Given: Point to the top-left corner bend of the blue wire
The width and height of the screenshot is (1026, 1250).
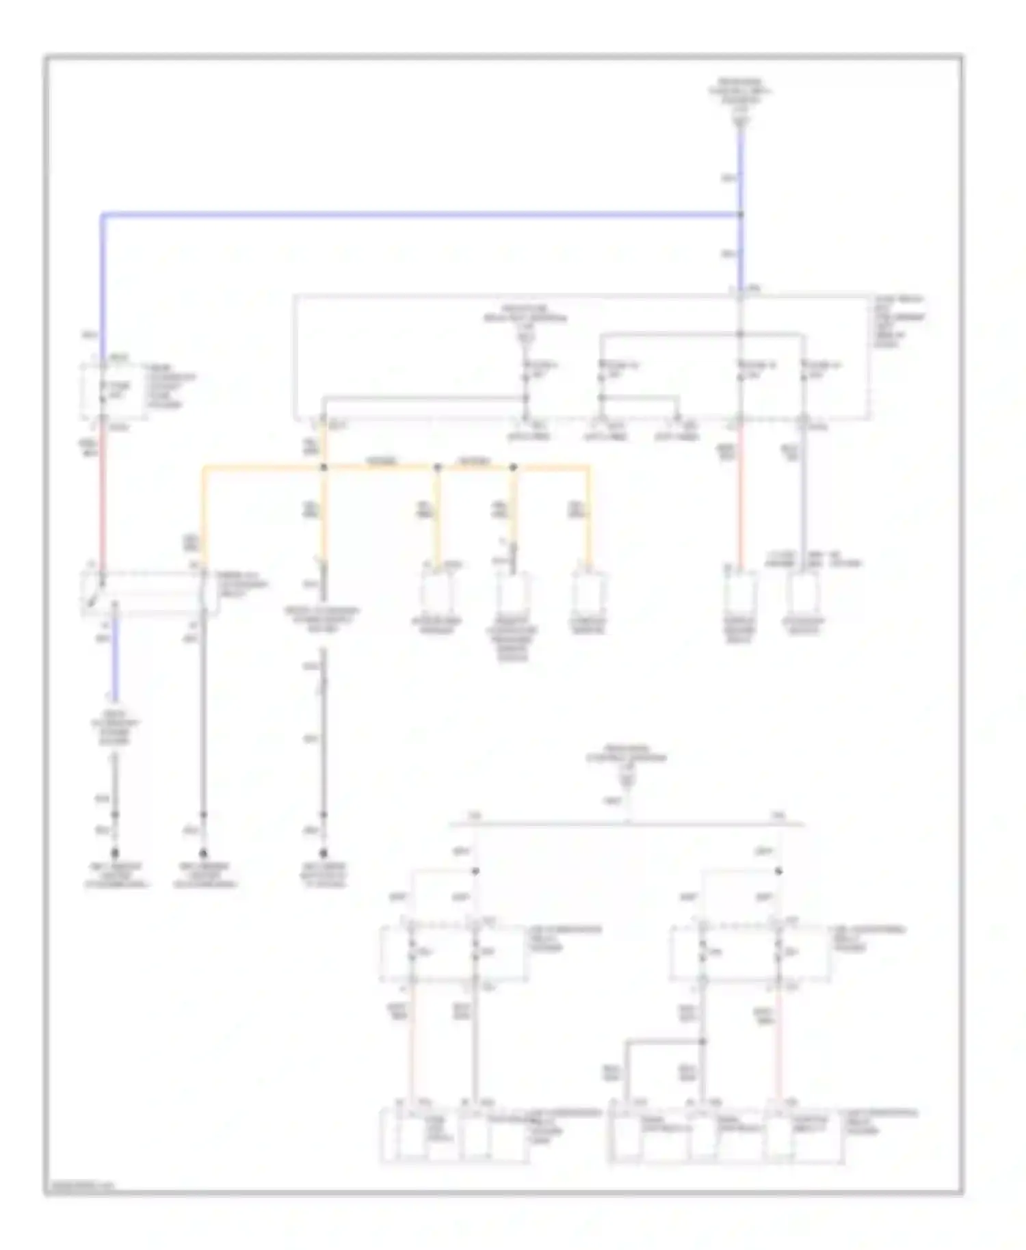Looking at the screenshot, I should (x=103, y=216).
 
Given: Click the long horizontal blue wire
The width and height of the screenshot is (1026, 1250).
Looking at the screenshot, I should (x=410, y=215).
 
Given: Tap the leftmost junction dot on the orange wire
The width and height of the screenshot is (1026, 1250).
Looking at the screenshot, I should (x=324, y=468).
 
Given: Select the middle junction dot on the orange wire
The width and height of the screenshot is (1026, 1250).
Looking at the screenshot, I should (x=438, y=468).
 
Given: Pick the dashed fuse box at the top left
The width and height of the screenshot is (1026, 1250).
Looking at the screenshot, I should (x=114, y=391).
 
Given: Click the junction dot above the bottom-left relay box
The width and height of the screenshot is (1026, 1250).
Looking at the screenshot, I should (x=476, y=871).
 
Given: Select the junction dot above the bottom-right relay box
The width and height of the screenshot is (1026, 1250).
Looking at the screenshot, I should (x=778, y=871).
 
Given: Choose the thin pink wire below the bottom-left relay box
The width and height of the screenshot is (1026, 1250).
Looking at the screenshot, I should (x=412, y=1046).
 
